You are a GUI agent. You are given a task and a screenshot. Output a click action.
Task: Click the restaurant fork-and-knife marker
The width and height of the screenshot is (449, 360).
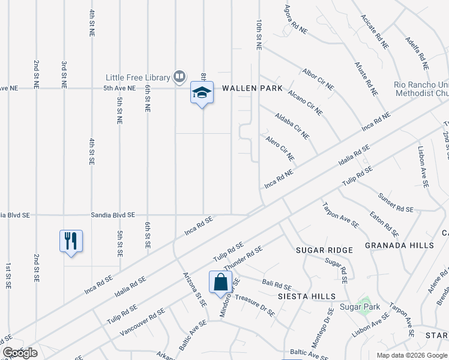point(71,241)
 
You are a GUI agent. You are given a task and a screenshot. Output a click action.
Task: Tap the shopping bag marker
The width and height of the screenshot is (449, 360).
point(220,282)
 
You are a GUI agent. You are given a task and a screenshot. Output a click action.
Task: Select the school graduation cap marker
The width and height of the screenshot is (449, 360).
point(202,93)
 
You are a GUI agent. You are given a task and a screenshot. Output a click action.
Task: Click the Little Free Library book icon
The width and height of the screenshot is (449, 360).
point(179,77)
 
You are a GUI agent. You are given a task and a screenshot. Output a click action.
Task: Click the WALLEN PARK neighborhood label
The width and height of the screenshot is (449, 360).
point(252,88)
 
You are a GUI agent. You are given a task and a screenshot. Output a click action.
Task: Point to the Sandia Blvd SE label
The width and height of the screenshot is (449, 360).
point(113,215)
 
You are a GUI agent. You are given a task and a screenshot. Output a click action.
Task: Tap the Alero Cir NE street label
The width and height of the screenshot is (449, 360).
point(280,148)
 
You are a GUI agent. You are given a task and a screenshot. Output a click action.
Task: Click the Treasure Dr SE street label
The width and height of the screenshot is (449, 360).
point(255,305)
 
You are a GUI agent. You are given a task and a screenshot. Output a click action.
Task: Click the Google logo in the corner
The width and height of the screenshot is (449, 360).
point(20,353)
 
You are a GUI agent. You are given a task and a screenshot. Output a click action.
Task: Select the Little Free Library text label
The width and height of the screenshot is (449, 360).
point(138,77)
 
